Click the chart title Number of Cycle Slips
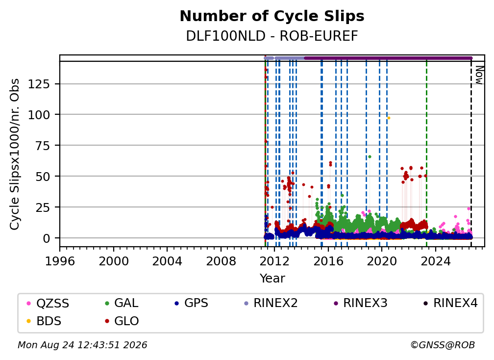pos(272,16)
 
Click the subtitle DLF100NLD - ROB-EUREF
pos(272,36)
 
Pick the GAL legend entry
pos(122,303)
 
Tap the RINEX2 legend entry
pos(271,303)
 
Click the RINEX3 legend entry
pos(360,303)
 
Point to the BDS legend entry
pos(44,321)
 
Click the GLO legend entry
pos(122,321)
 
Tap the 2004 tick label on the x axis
pos(167,261)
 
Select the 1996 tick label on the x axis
pos(60,261)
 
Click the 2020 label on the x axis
pos(382,261)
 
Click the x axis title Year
pos(272,279)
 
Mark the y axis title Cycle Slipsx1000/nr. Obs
pos(15,154)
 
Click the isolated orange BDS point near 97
pos(389,118)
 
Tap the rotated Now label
pos(479,75)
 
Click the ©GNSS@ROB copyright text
pos(443,345)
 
